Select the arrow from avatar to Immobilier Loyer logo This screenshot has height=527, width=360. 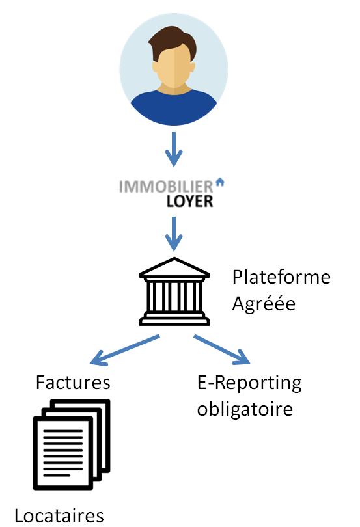click(173, 150)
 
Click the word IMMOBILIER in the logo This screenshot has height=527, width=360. click(166, 187)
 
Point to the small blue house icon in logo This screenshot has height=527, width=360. click(219, 183)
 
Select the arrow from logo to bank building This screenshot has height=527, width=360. click(173, 234)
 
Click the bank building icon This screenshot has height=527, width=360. click(174, 291)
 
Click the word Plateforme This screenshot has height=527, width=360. click(281, 278)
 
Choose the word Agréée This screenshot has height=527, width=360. click(264, 303)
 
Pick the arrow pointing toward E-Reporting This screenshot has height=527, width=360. click(223, 349)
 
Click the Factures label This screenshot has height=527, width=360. click(73, 381)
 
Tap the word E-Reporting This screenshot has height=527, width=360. click(249, 383)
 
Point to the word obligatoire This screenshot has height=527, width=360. click(244, 409)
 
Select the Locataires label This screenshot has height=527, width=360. click(59, 516)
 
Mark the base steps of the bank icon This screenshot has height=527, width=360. click(174, 319)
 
